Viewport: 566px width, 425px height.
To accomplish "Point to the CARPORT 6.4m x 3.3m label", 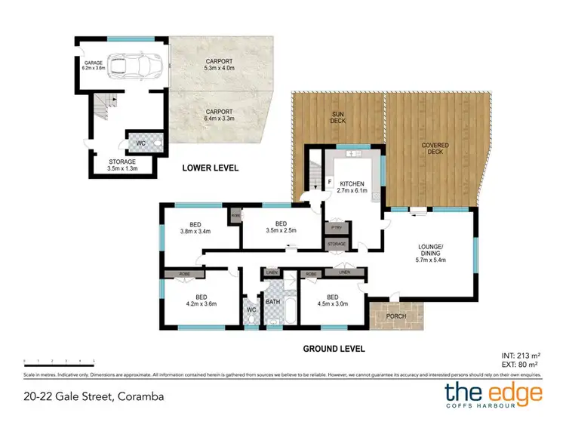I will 220,115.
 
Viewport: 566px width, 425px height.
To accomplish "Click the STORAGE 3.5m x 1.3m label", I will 122,165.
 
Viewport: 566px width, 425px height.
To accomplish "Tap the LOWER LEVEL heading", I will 210,168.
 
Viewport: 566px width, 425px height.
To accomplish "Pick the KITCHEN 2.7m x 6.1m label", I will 352,187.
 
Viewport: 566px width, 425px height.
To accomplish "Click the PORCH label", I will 395,318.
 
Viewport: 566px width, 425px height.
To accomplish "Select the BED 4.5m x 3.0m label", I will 333,301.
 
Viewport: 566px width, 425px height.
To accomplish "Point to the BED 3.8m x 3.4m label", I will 195,228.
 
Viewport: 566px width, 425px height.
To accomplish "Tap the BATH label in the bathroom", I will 273,302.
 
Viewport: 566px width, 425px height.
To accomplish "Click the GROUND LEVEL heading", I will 334,349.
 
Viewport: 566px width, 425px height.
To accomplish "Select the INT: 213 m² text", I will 521,353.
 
